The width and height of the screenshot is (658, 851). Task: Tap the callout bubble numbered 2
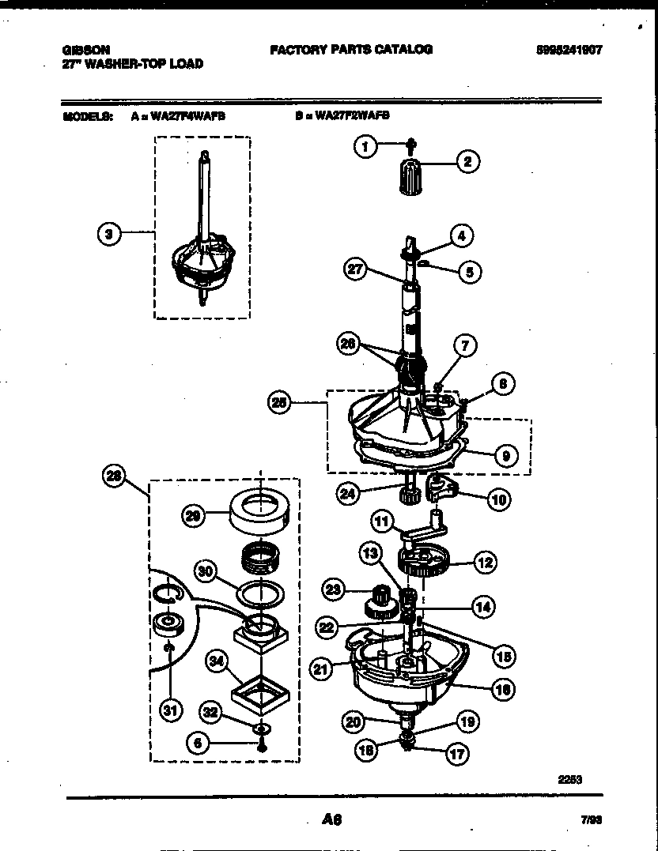(x=467, y=163)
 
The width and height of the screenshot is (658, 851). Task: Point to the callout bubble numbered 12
(x=484, y=563)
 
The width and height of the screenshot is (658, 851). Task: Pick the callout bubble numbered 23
(x=334, y=588)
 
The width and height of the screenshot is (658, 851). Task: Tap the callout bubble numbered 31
(x=168, y=710)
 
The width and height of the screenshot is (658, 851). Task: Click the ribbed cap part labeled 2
(x=410, y=175)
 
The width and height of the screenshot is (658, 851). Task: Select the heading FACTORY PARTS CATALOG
(x=351, y=49)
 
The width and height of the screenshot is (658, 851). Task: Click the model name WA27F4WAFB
(x=183, y=115)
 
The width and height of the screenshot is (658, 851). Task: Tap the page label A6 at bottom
(x=331, y=820)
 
